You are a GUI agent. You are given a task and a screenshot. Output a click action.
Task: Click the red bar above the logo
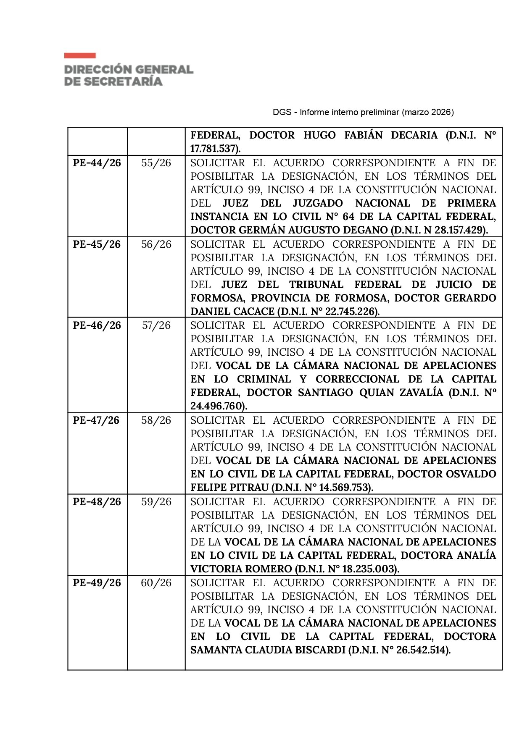click(x=80, y=55)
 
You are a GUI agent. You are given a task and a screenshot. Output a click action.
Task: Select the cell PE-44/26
click(x=97, y=163)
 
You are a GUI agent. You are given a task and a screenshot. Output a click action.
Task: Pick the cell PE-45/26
click(x=97, y=244)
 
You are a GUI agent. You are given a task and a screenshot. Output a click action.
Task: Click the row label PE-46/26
click(x=97, y=325)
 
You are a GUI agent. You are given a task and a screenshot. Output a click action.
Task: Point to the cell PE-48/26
click(x=97, y=502)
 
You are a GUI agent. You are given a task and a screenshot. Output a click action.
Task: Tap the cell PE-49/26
click(x=97, y=583)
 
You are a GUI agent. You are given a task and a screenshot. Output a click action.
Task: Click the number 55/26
click(x=156, y=163)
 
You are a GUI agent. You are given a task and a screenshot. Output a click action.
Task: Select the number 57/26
click(x=156, y=325)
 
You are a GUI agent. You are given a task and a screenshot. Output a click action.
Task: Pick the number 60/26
click(x=156, y=583)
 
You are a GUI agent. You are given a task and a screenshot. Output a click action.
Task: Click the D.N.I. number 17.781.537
click(x=213, y=149)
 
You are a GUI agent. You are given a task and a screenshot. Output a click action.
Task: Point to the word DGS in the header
click(x=282, y=112)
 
